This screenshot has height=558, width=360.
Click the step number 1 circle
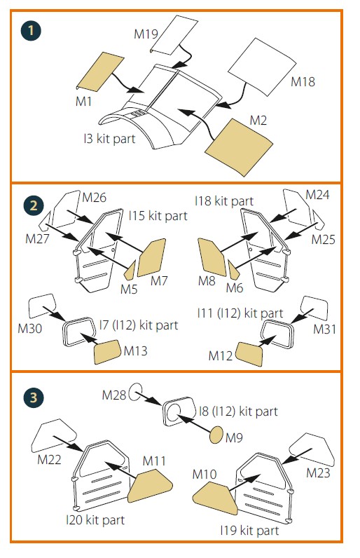point(31,31)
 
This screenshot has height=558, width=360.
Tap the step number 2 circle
point(33,205)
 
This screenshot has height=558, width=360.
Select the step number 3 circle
point(33,397)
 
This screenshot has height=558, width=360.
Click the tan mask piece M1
point(101,72)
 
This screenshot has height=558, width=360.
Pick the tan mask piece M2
point(241,147)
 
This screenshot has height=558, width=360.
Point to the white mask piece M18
point(262,67)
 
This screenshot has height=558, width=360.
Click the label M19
point(146,34)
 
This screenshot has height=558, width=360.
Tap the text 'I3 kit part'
point(109,138)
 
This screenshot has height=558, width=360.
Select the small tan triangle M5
point(131,271)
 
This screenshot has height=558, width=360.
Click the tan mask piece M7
point(152,258)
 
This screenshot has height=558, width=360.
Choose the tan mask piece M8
point(212,257)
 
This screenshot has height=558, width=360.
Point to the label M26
point(94,197)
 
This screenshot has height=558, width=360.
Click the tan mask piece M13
point(107,352)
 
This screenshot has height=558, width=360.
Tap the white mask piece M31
point(314,308)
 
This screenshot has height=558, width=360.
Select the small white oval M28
point(135,392)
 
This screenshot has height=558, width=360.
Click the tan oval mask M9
point(216,435)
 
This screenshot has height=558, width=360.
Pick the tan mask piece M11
point(150,485)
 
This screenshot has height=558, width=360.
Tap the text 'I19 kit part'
point(249,531)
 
